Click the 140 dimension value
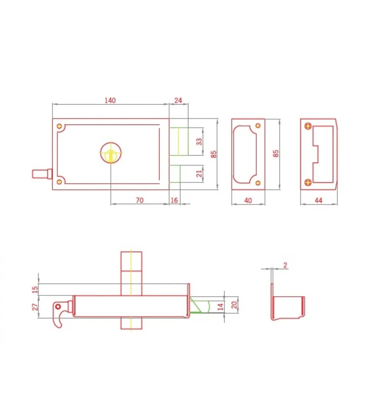point(110,100)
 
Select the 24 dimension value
point(178,100)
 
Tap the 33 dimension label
point(199,142)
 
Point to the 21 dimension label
point(199,174)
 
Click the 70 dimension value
point(140,200)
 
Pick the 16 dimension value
point(174,200)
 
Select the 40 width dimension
point(248,201)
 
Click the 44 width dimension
point(319,201)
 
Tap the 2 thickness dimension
point(285,266)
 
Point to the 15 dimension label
point(35,289)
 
